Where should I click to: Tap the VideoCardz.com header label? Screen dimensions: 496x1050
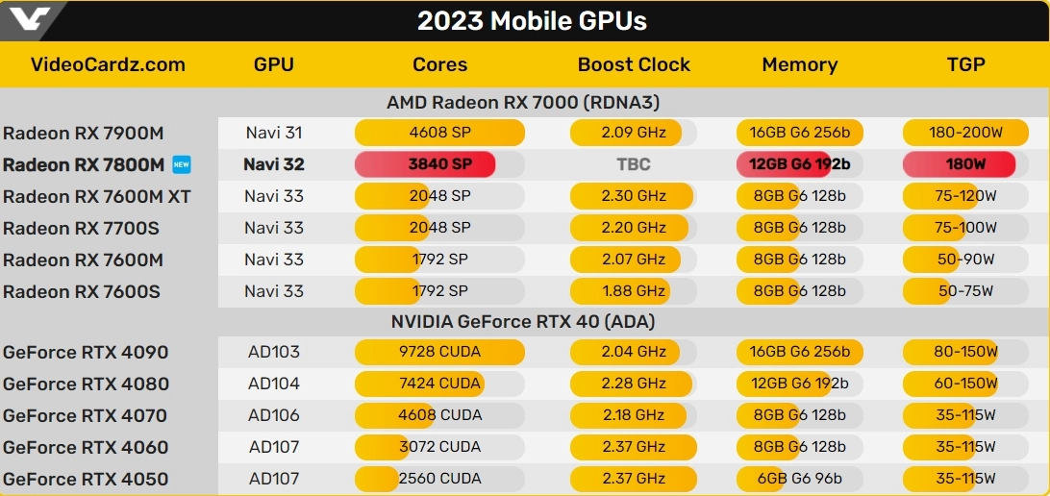[x=108, y=65]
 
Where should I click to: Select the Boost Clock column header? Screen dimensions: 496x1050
[x=633, y=65]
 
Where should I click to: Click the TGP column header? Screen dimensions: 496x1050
[x=965, y=65]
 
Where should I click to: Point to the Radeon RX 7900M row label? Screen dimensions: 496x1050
[x=83, y=133]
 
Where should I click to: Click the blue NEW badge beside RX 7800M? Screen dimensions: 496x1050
[x=181, y=164]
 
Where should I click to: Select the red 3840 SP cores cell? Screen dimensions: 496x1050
[x=426, y=164]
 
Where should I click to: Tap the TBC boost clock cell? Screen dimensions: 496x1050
[x=633, y=164]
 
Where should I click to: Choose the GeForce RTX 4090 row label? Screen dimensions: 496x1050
[x=86, y=353]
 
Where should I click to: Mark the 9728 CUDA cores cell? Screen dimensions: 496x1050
[x=439, y=352]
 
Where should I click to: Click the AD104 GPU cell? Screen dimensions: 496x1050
[x=274, y=384]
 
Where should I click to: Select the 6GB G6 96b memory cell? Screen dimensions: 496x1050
[x=800, y=479]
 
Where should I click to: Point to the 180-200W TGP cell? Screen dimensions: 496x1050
[x=965, y=133]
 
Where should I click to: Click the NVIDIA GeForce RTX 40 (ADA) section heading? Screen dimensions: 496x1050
[x=523, y=322]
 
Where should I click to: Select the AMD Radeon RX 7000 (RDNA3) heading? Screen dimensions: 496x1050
[x=523, y=102]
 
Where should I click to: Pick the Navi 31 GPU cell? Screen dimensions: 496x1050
[x=274, y=133]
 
